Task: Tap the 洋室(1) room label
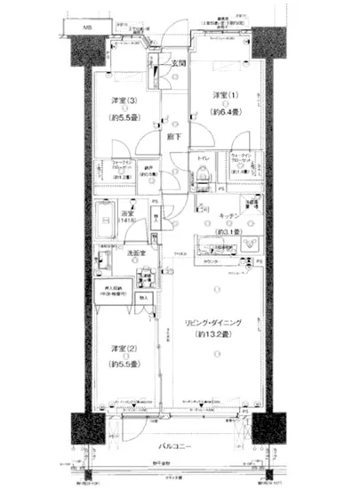click(223, 95)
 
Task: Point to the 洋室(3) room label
click(123, 100)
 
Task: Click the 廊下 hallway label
click(172, 138)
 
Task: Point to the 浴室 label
click(127, 213)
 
